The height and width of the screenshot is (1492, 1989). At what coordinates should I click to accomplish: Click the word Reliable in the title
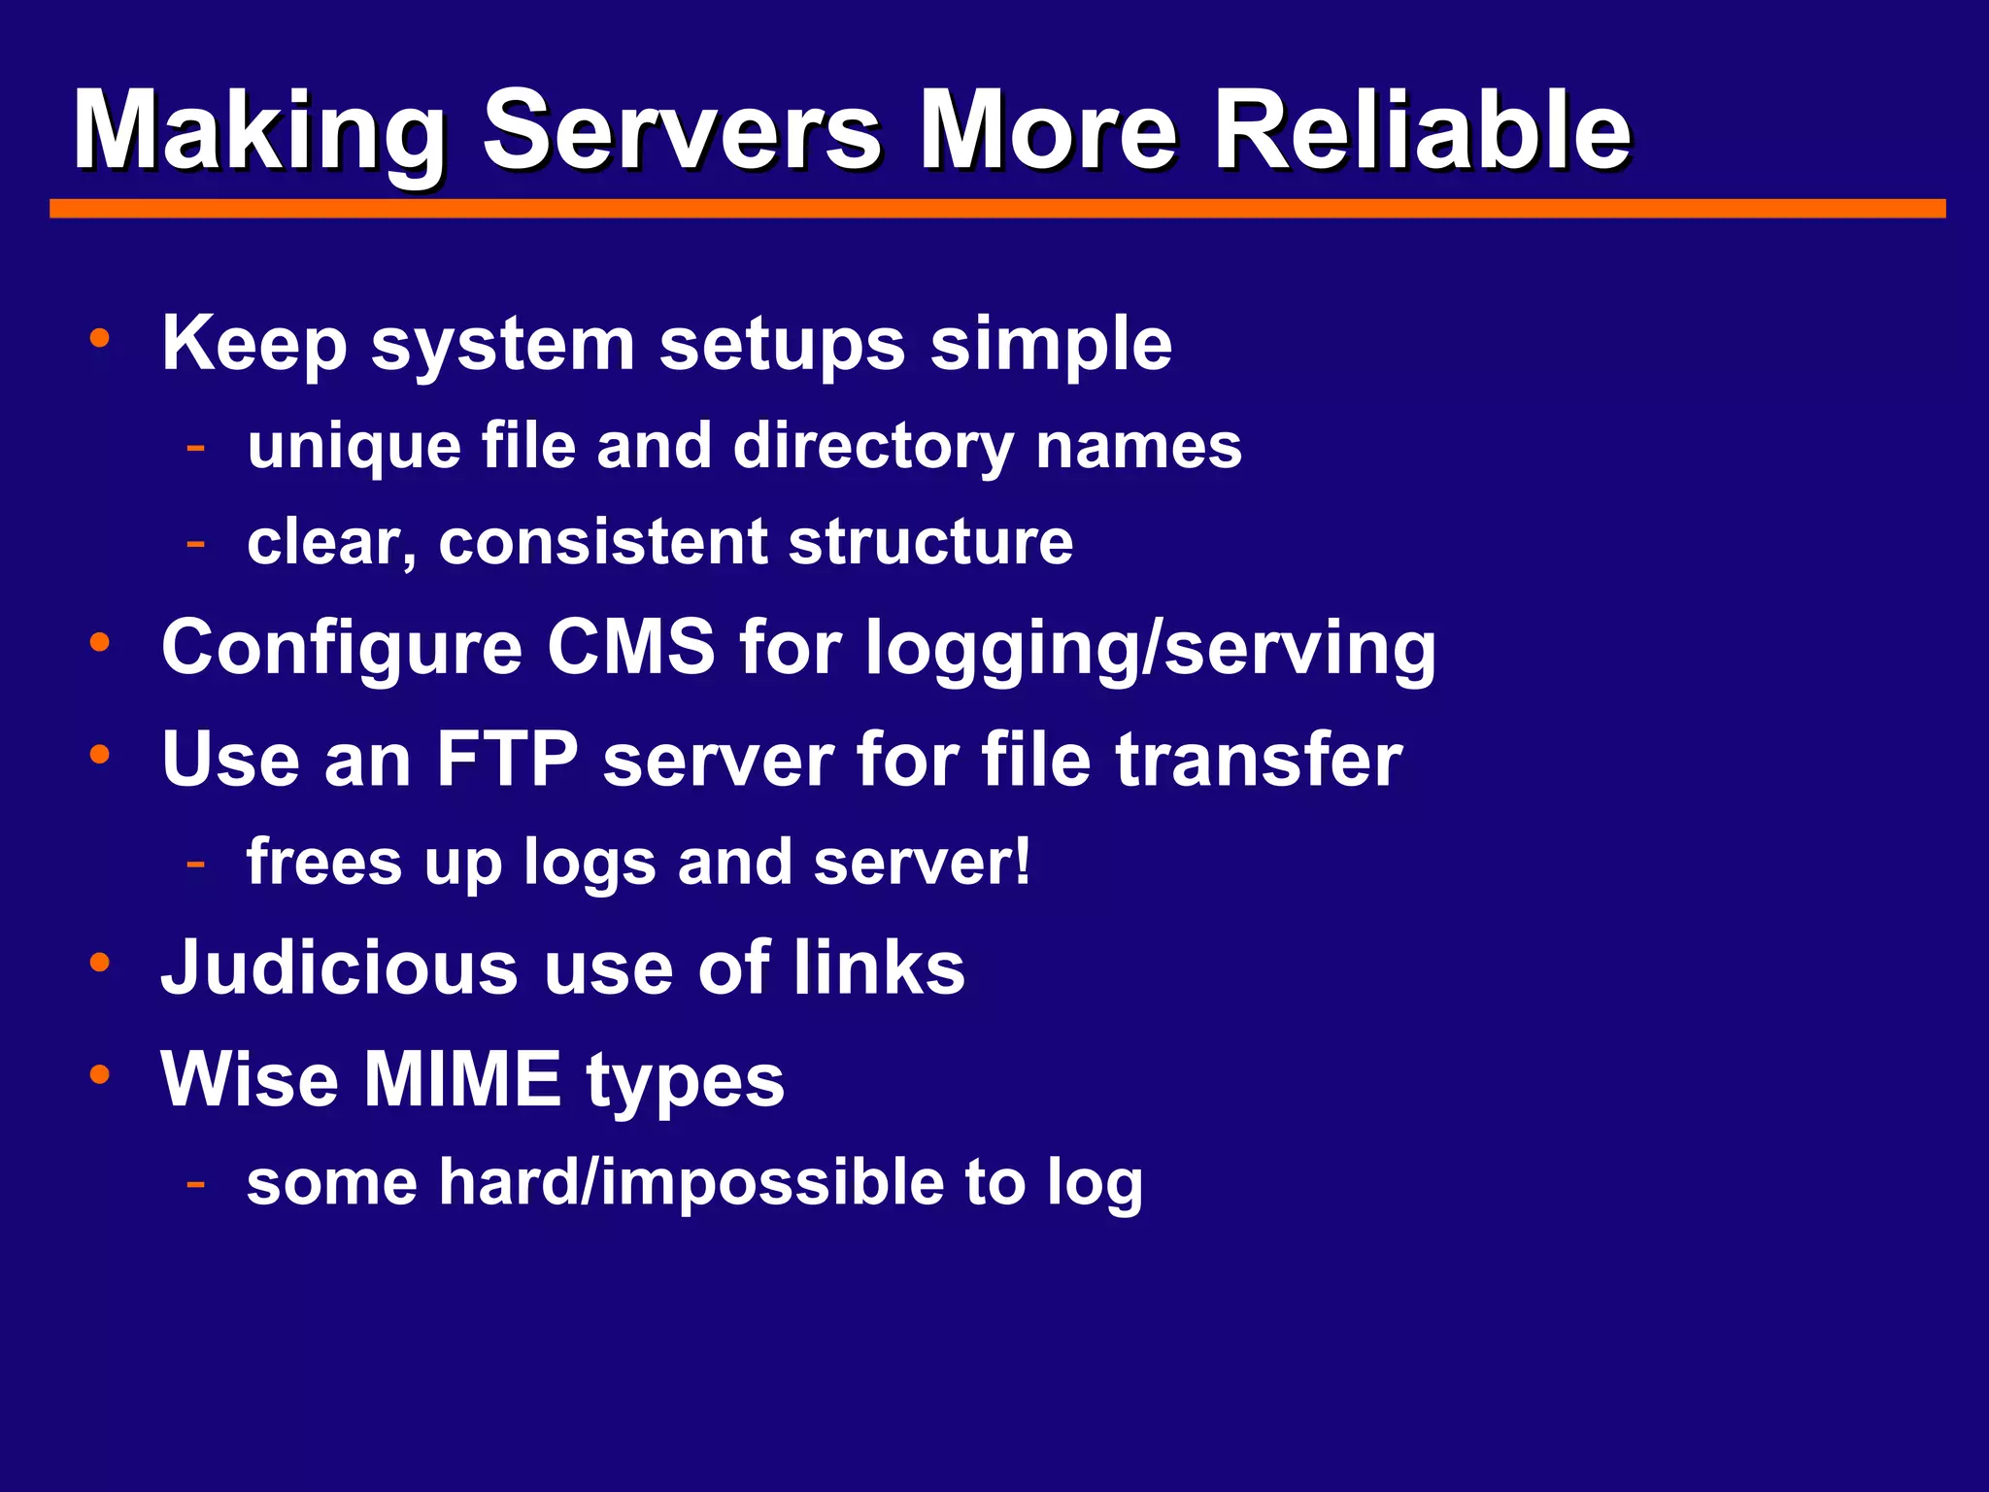1423,131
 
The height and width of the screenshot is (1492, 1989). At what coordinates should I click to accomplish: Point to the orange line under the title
997,209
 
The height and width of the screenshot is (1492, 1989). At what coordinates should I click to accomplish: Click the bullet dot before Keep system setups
99,339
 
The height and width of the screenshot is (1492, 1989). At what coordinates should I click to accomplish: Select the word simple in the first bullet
1051,345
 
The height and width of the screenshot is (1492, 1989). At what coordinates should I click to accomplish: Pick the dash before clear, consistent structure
196,542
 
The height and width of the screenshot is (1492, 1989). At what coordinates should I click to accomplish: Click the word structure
930,542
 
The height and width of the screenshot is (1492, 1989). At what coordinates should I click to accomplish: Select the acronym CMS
631,648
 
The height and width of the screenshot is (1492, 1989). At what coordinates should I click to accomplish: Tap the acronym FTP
507,760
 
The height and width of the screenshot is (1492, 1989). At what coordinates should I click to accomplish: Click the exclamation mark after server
1021,862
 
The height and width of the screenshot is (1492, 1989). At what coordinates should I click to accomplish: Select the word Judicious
340,968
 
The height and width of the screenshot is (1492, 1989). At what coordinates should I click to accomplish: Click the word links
879,968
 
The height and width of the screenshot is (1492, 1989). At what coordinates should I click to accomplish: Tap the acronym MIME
462,1079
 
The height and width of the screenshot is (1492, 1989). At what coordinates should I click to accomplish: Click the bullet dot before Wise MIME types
99,1074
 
